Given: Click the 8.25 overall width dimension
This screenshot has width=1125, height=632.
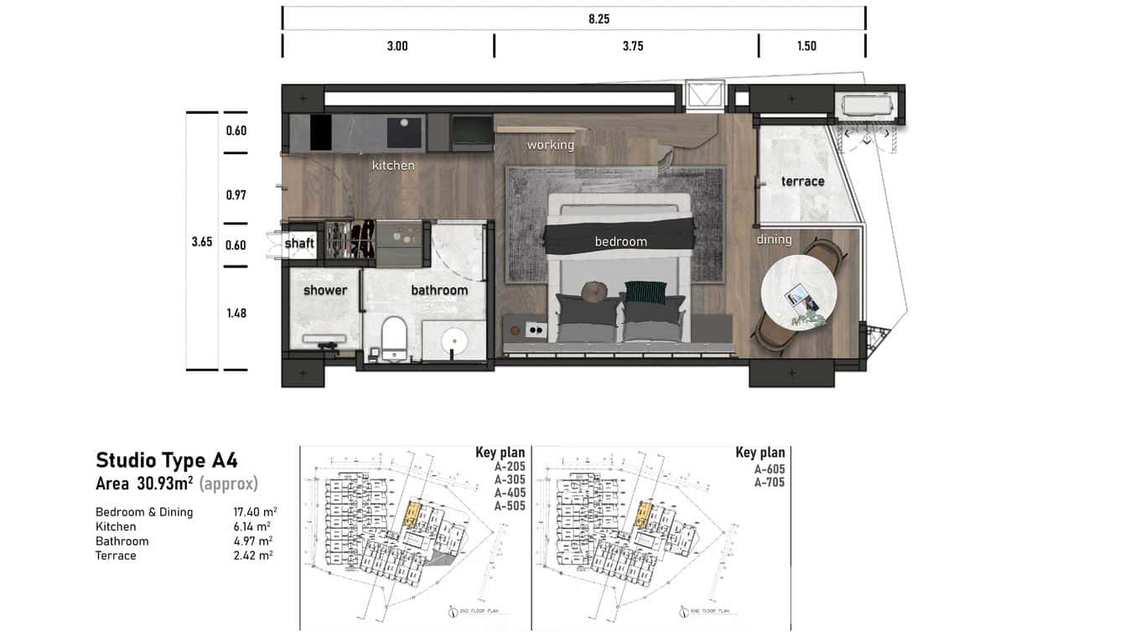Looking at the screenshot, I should (x=599, y=19).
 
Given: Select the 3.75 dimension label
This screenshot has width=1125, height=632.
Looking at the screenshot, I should (x=632, y=46).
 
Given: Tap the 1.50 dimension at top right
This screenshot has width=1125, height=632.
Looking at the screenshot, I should (x=806, y=46).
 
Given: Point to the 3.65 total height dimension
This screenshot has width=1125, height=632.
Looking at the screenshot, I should (x=201, y=241).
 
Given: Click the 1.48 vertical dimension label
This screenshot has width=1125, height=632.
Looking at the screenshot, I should (x=236, y=313).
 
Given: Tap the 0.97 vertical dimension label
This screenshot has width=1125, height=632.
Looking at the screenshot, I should (x=236, y=195).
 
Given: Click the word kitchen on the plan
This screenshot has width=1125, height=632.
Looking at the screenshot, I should (x=393, y=166).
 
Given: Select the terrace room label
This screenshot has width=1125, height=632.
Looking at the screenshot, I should (x=802, y=181).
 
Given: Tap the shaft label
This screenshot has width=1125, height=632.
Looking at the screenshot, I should (x=299, y=244).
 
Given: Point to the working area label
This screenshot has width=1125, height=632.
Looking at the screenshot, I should (x=550, y=145).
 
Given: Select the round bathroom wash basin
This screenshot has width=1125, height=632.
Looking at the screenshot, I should (x=455, y=341).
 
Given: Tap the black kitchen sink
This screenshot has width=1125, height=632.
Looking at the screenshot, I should (x=405, y=132).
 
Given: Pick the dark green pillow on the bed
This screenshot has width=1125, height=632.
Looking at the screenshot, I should (x=645, y=293).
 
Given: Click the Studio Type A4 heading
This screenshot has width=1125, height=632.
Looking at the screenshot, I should (x=167, y=460).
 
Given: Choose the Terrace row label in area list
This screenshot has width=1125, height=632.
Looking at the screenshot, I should (x=116, y=556).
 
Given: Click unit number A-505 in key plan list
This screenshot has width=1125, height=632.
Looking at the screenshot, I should (x=510, y=506).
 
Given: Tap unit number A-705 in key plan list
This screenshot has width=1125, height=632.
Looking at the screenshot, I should (x=769, y=482).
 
